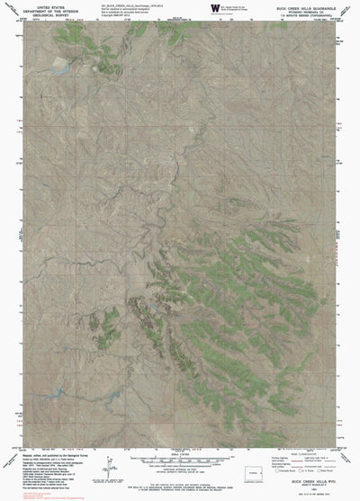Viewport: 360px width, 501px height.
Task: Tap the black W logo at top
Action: click(x=214, y=7)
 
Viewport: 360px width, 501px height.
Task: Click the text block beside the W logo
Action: click(x=238, y=7)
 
